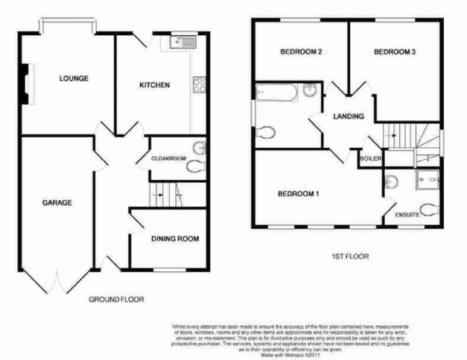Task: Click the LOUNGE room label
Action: coord(73,78)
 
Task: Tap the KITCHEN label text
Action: coord(154,85)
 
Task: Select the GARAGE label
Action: coord(57,203)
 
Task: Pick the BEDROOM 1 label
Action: coord(298,194)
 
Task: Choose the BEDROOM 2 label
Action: coord(300,52)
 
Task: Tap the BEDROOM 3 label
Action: coord(395,52)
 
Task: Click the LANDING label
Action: coord(348,116)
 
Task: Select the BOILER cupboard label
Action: coord(371,159)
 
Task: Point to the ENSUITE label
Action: coord(407,215)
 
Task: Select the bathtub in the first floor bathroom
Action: coord(277,92)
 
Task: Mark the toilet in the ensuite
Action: coord(431,210)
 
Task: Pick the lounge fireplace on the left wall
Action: coord(27,84)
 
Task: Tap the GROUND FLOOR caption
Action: coord(116,299)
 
